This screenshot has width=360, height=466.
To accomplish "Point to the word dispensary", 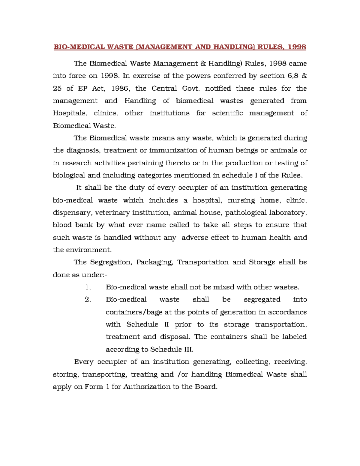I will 72,213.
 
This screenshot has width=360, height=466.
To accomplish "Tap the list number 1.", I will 87,287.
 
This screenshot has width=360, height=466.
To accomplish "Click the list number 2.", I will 88,299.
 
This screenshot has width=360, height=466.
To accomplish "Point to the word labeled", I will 294,337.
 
